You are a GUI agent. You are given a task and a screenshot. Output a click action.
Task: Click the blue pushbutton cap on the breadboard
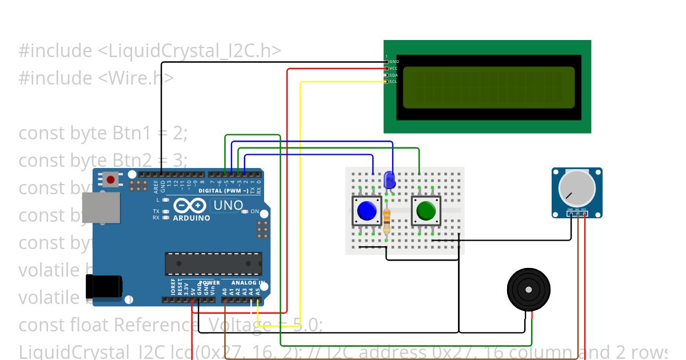pos(366,211)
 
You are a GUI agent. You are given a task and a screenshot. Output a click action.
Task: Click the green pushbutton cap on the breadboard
pos(426,211)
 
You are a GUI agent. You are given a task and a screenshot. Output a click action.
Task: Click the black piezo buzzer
pos(529,290)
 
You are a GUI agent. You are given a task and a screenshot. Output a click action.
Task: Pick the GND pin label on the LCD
pos(394,61)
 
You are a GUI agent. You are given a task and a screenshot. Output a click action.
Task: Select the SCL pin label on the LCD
pos(393,82)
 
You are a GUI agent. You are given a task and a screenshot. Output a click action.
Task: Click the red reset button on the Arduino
pos(111,179)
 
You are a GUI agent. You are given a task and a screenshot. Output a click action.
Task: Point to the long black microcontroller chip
pos(213,263)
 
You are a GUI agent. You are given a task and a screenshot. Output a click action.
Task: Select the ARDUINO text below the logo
pos(192,218)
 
